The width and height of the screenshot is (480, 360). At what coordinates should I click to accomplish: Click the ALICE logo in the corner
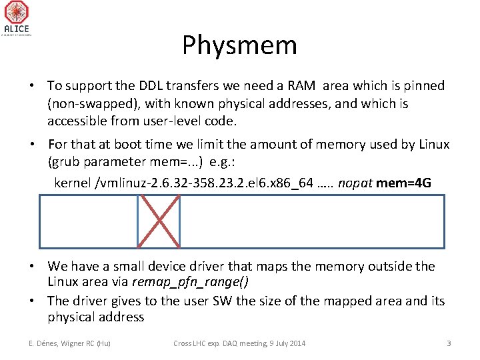(x=16, y=18)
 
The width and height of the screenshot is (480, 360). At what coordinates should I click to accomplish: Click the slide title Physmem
(x=239, y=45)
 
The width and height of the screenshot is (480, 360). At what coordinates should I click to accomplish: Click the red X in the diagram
(x=159, y=221)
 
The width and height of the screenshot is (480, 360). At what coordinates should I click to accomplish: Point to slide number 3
(x=449, y=343)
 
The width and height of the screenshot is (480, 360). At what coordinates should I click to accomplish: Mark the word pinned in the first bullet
(x=423, y=85)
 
